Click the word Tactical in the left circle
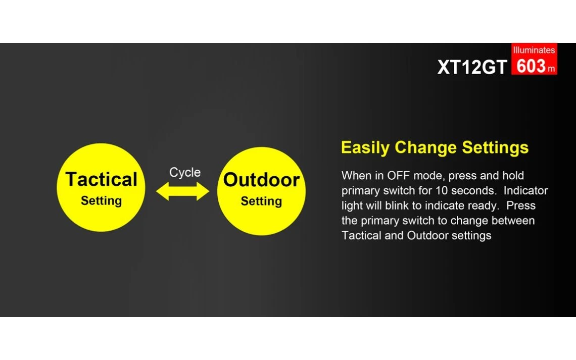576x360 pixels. click(x=102, y=179)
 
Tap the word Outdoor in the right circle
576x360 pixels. click(x=262, y=180)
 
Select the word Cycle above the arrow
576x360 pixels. click(x=185, y=172)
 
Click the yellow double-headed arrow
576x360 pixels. click(x=182, y=191)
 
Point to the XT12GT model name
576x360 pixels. click(x=472, y=67)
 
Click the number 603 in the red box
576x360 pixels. click(x=531, y=67)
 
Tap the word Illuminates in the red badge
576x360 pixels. click(x=534, y=50)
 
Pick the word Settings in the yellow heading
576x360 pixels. click(x=495, y=147)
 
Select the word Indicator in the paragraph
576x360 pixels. click(x=525, y=190)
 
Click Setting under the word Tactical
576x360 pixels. click(x=102, y=201)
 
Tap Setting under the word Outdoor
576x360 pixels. click(x=262, y=201)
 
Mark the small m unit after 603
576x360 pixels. click(x=551, y=69)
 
